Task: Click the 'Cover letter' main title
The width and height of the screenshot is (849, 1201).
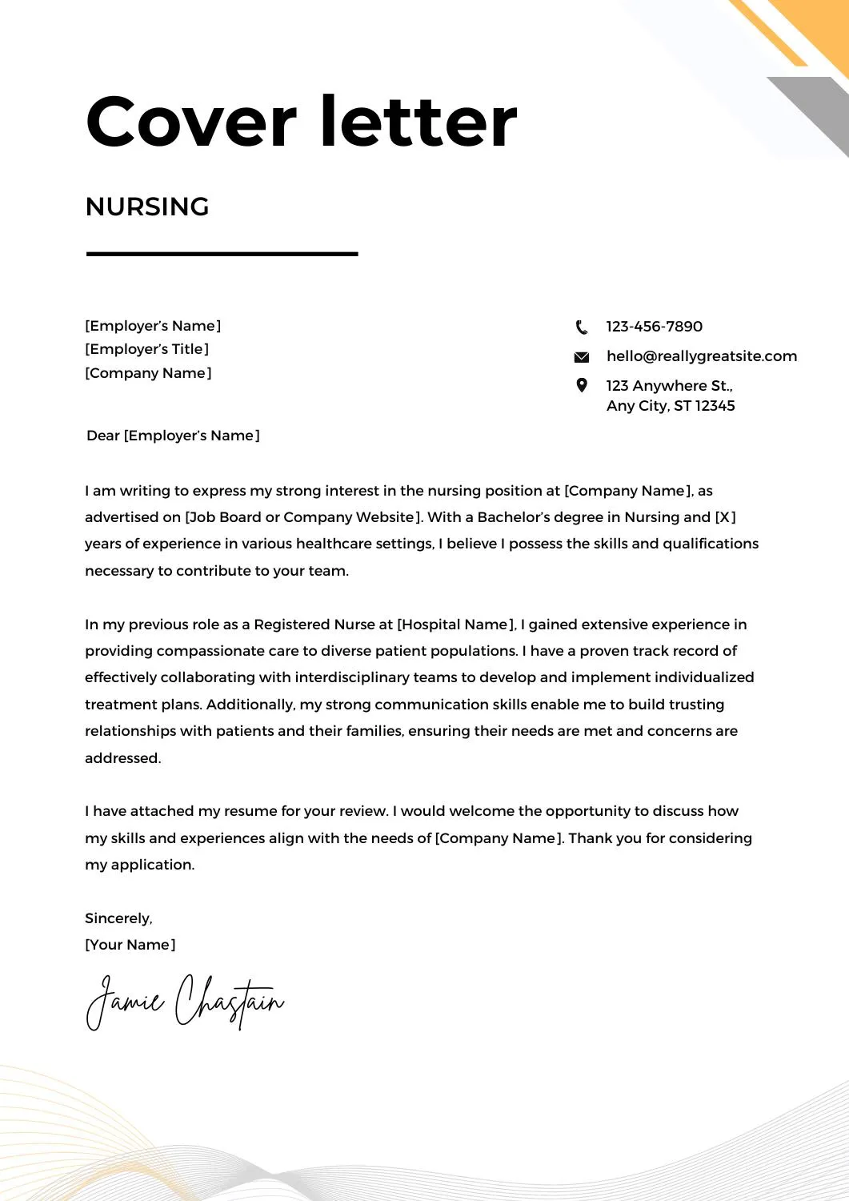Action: coord(301,122)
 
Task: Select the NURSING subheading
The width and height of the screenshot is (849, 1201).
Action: coord(147,207)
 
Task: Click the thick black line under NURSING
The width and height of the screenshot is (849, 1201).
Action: coord(222,254)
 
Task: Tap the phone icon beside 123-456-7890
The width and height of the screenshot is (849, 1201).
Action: coord(582,327)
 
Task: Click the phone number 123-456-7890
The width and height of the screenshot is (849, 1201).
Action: coord(654,327)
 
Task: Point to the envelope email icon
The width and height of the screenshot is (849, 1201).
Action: coord(582,357)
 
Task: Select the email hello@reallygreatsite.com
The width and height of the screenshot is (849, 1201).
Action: coord(701,356)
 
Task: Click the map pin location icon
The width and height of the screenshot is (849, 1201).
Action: coord(582,385)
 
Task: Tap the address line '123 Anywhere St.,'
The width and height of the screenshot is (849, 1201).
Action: coord(669,386)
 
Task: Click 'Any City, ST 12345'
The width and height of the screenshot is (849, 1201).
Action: coord(670,406)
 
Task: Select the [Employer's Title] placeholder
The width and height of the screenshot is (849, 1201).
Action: coord(147,349)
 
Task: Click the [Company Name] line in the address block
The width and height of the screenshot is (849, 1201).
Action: coord(148,373)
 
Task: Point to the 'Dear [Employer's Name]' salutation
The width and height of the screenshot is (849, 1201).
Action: coord(173,436)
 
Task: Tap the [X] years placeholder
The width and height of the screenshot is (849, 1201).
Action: coord(725,517)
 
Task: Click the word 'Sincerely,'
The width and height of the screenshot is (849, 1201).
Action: coord(118,918)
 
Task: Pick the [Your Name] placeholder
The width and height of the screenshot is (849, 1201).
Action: coord(130,945)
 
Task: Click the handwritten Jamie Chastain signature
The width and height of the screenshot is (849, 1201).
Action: coord(185,1001)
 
